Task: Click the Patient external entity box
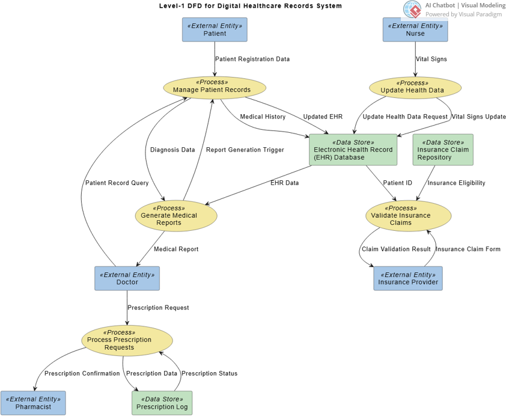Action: tap(215, 29)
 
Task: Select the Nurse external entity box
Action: tap(415, 29)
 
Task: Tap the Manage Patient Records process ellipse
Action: tap(215, 87)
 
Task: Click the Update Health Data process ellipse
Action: tap(415, 87)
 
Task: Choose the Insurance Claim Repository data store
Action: tap(443, 150)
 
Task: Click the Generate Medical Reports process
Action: tap(175, 215)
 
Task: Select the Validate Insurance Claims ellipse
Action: tap(408, 215)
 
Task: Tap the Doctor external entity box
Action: tap(127, 278)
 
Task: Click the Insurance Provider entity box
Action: tap(407, 278)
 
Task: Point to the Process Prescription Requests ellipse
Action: tap(127, 340)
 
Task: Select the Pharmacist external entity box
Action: tap(33, 403)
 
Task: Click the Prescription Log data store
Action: tap(162, 403)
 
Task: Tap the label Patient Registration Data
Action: tap(252, 59)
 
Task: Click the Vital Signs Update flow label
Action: tap(478, 117)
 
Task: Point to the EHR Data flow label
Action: tap(284, 183)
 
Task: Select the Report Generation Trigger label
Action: tap(245, 150)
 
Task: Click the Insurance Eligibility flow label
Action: tap(456, 183)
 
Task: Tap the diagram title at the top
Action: tap(250, 6)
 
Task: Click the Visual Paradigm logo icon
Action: tap(412, 10)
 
